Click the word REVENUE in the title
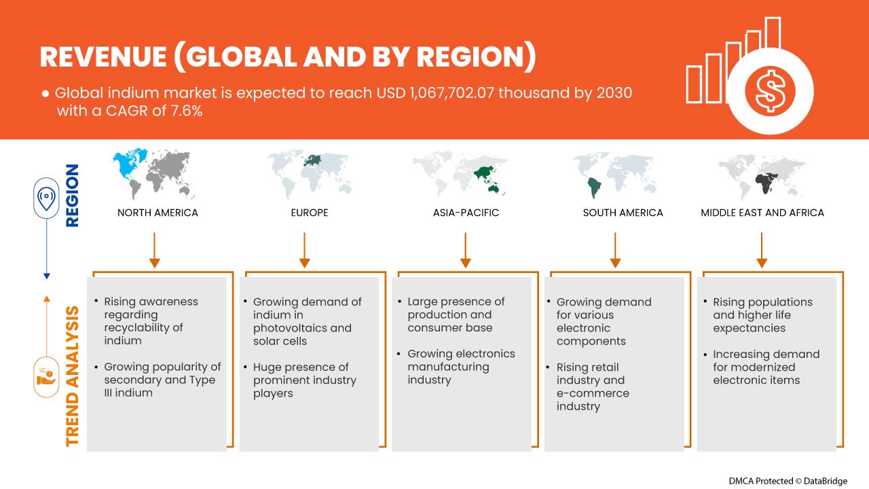(103, 56)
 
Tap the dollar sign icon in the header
(770, 91)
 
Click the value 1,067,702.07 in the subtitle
(451, 93)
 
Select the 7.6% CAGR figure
(187, 111)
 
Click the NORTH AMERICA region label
(158, 213)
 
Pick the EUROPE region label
(310, 213)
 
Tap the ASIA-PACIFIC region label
(466, 213)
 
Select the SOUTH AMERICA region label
(623, 213)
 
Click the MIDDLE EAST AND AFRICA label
(762, 213)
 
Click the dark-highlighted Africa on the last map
(765, 183)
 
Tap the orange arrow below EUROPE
(305, 250)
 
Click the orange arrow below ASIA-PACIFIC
(465, 250)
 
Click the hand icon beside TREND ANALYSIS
(46, 377)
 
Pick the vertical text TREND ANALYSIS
(72, 376)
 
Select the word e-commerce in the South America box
(593, 393)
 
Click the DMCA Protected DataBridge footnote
(788, 481)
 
